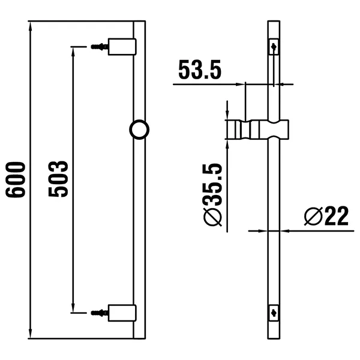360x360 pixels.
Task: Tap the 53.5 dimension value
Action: pyautogui.click(x=200, y=70)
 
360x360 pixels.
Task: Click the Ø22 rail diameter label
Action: pyautogui.click(x=326, y=215)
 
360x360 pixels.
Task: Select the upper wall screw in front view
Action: pyautogui.click(x=99, y=46)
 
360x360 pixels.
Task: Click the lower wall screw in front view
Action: pyautogui.click(x=99, y=312)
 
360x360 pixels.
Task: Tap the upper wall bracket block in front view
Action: pyautogui.click(x=122, y=46)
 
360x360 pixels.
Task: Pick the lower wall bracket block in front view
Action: pyautogui.click(x=122, y=312)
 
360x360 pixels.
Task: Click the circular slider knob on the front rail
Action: pyautogui.click(x=139, y=129)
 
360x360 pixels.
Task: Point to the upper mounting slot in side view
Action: pyautogui.click(x=274, y=46)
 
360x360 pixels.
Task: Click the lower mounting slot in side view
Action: pyautogui.click(x=274, y=312)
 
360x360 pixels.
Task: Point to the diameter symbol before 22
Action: pyautogui.click(x=312, y=215)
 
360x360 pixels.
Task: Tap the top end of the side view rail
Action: pyautogui.click(x=274, y=23)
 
